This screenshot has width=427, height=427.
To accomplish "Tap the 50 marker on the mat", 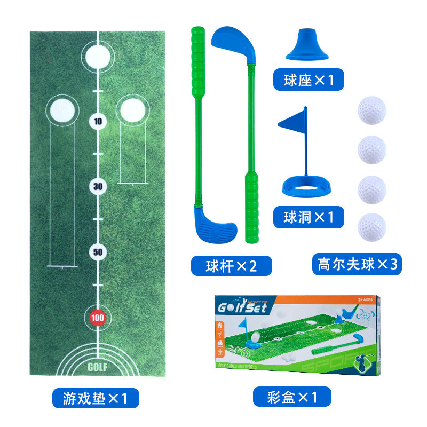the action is click(98, 252).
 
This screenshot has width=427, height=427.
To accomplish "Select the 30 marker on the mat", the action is click(98, 186).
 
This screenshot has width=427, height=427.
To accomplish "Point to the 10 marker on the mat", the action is click(98, 121).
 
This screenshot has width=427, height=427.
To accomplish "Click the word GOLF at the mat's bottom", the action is click(97, 367).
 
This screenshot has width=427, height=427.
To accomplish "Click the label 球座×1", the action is click(309, 80).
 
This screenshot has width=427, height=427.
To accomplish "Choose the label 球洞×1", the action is click(309, 217).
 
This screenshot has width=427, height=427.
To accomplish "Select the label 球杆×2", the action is click(231, 265).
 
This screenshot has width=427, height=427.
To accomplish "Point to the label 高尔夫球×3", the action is click(357, 264).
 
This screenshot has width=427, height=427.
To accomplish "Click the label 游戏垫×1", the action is click(96, 398).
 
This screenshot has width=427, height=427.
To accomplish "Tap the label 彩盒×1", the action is click(292, 397).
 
